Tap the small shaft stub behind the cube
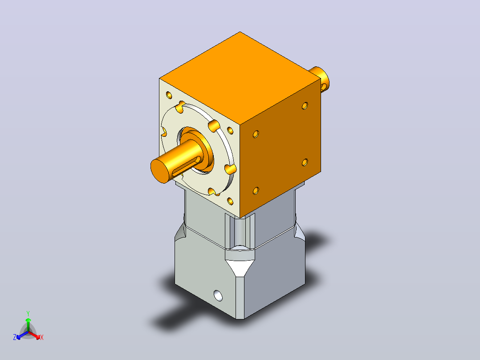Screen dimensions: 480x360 point(320,79)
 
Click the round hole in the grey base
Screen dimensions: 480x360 point(218,295)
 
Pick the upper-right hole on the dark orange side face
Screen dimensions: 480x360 point(305,106)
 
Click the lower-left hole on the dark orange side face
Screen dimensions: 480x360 point(256,191)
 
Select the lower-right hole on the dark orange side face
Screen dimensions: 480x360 point(305,162)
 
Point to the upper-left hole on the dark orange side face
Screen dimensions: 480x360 point(256,134)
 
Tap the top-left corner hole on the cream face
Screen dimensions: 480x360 point(169,95)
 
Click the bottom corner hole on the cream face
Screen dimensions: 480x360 point(230,201)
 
